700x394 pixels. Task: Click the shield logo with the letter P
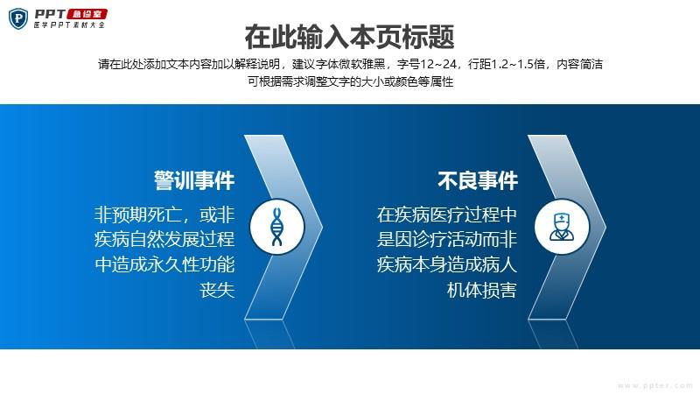coord(18,19)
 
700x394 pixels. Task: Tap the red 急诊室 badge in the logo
coord(87,14)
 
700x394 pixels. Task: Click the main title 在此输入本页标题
coord(349,37)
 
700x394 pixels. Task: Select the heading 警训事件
coord(194,181)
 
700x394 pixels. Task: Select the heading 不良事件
coord(478,181)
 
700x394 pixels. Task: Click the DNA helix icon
coord(276,227)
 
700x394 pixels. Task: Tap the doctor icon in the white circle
coord(562,227)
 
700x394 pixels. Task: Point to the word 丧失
coord(217,290)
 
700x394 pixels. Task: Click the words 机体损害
coord(482,290)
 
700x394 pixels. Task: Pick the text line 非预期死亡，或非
coord(164,215)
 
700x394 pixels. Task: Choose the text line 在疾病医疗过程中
coord(447,215)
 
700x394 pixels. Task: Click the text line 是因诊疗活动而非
coord(447,239)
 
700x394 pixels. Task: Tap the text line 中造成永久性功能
coord(164,264)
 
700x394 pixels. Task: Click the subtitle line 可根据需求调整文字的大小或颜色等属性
coord(351,81)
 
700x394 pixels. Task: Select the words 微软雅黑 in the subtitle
coord(362,64)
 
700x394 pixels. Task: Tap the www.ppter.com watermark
coord(655,385)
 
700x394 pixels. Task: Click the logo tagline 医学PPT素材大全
coord(69,25)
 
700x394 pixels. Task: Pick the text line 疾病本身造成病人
coord(447,264)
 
